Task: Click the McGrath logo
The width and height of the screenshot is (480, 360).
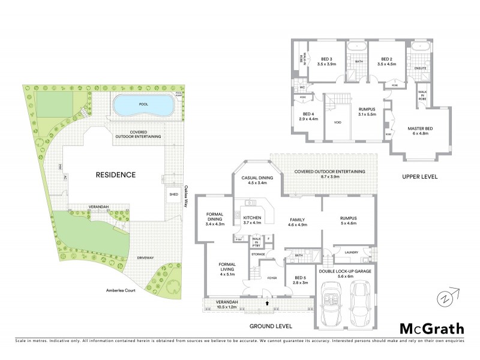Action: click(431, 328)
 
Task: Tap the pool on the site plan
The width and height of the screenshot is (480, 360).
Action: click(143, 107)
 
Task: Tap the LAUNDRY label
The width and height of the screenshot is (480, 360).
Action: click(352, 252)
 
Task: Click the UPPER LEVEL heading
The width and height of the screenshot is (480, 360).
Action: click(419, 177)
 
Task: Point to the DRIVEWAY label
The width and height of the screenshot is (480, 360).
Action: click(146, 257)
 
